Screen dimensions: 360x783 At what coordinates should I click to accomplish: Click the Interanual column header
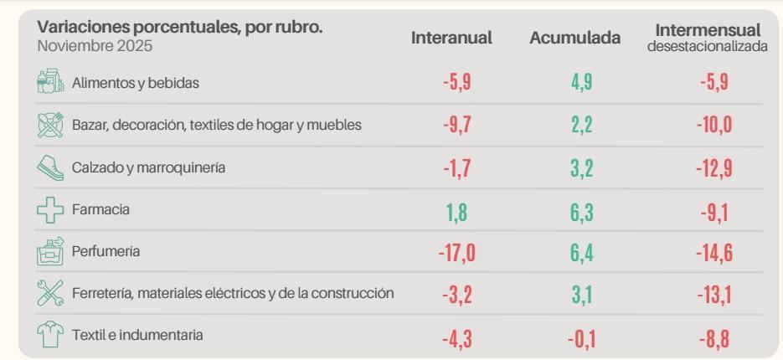pos(451,38)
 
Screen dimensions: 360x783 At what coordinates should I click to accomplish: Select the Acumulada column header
pos(574,38)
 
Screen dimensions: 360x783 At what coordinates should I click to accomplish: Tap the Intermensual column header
pos(708,31)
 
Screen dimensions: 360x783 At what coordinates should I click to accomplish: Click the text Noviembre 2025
pos(95,46)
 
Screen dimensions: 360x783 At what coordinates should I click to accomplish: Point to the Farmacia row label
pos(100,210)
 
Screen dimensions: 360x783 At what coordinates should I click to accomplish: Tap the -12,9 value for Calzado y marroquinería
pos(708,167)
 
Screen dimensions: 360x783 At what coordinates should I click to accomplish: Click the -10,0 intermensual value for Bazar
pos(708,125)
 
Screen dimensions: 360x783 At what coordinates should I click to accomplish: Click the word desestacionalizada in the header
pos(708,47)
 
